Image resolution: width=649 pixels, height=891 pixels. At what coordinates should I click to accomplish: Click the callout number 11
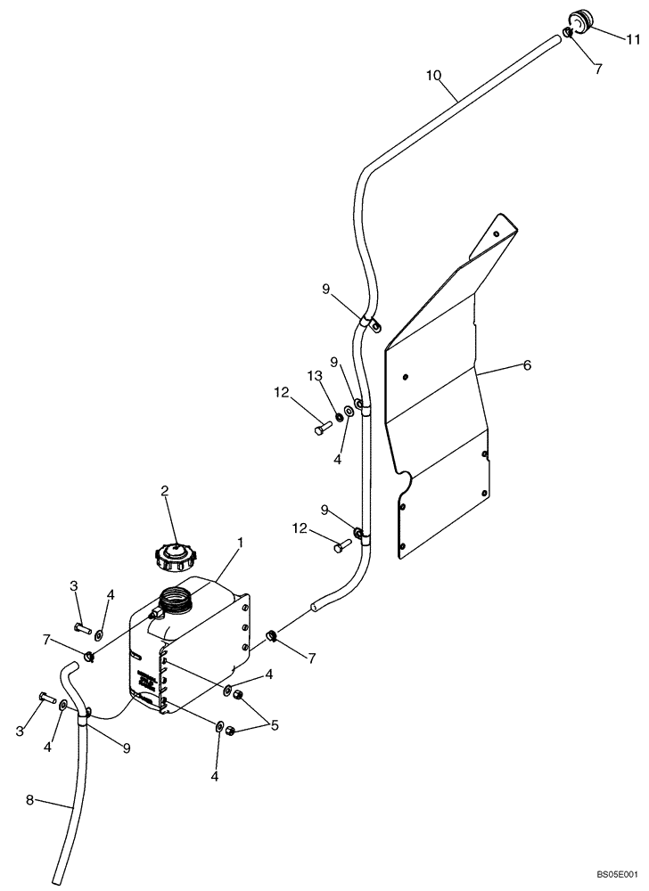pyautogui.click(x=632, y=39)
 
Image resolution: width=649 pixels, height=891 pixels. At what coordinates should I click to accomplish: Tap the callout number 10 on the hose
pyautogui.click(x=433, y=76)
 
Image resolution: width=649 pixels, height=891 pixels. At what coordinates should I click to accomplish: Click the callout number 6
pyautogui.click(x=527, y=365)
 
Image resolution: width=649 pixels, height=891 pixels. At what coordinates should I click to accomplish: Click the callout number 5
pyautogui.click(x=274, y=726)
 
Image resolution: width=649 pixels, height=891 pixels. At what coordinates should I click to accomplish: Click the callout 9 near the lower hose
pyautogui.click(x=127, y=748)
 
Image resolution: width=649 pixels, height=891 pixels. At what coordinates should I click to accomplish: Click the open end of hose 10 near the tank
pyautogui.click(x=314, y=609)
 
